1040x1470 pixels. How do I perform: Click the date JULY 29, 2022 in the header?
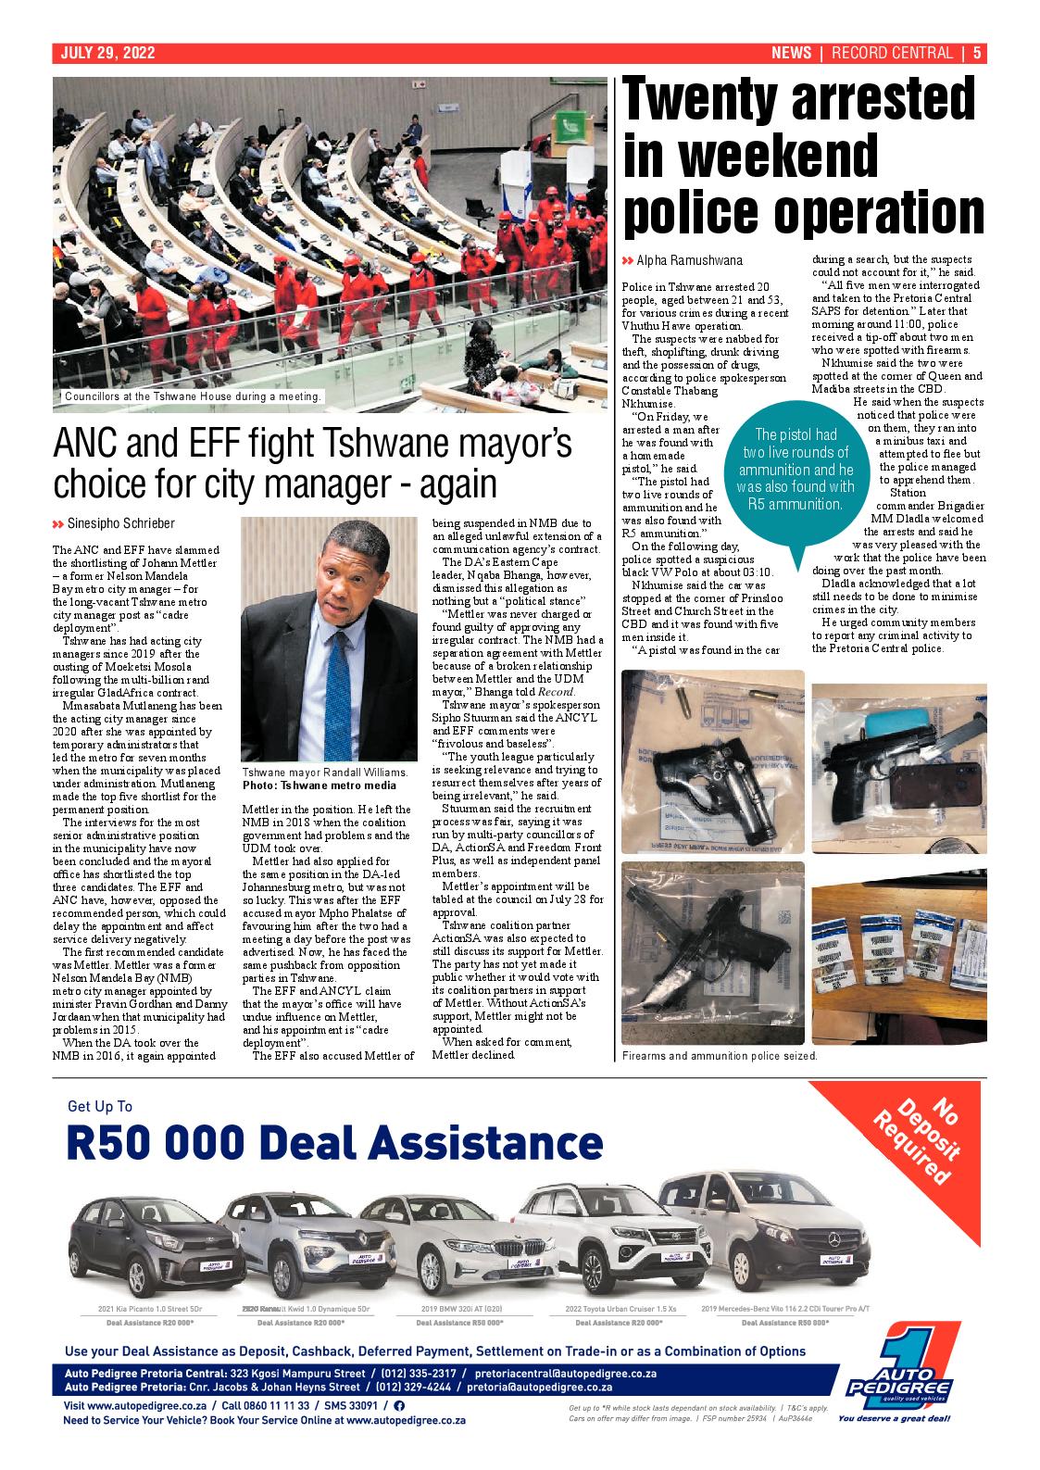point(107,53)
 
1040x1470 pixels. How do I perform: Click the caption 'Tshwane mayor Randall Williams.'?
point(324,773)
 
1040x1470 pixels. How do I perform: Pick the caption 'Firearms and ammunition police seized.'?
point(720,1056)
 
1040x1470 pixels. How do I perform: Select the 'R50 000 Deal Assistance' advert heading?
point(334,1142)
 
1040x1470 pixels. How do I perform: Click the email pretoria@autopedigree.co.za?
point(539,1387)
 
